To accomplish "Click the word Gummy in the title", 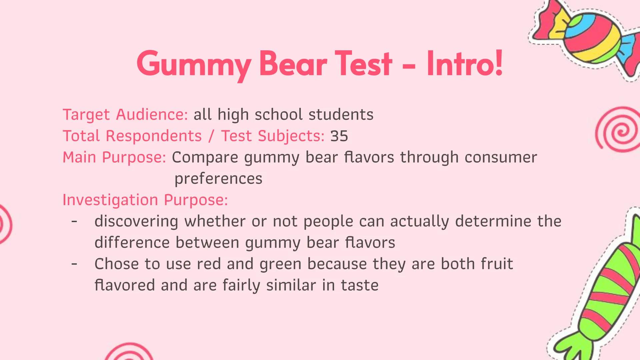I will click(x=193, y=63).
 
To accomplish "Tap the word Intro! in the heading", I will click(x=464, y=63).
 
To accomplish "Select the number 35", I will click(x=339, y=136).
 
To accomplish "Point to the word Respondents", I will click(x=154, y=136).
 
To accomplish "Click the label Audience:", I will click(x=152, y=115).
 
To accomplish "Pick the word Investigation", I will click(x=110, y=200).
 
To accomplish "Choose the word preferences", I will click(x=218, y=179).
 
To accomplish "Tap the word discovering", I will click(x=136, y=221).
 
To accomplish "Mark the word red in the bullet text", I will click(x=209, y=264).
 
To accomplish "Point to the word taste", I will click(x=359, y=285).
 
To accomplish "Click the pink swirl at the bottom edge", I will click(x=129, y=353).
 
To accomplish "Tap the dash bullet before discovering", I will click(x=74, y=221).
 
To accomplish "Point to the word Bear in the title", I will click(x=293, y=63).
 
